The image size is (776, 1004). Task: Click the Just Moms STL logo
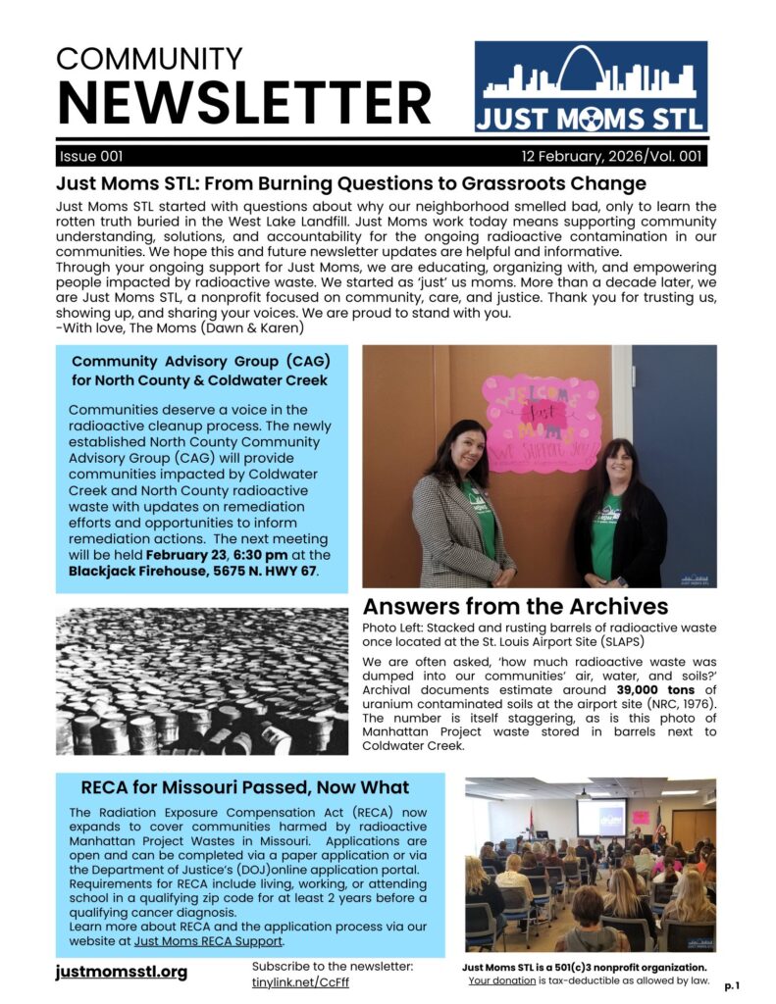[591, 87]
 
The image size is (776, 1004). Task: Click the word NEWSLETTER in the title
[244, 102]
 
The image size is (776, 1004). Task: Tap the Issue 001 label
[91, 157]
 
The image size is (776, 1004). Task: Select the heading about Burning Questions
[351, 183]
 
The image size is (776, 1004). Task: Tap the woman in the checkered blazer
[462, 510]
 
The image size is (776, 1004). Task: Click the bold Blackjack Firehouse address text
[193, 571]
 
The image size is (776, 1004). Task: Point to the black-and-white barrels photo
[202, 680]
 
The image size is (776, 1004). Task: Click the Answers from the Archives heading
[515, 606]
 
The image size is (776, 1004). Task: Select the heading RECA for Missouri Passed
[244, 787]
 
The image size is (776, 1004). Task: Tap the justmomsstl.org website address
[122, 972]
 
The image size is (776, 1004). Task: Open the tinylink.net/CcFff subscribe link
[300, 982]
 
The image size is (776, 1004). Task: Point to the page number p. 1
[733, 985]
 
